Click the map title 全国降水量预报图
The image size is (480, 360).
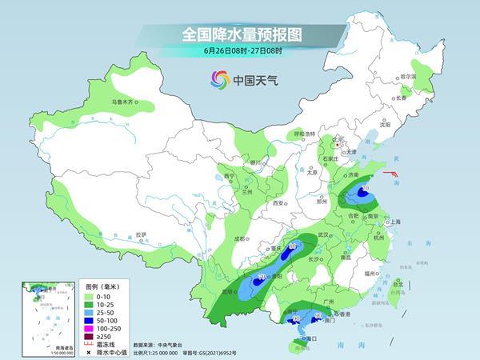239,34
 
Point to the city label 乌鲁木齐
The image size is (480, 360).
125,102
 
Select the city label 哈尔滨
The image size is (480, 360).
408,77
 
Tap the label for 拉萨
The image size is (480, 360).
142,234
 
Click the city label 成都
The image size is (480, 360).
240,238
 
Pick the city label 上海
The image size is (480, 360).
393,222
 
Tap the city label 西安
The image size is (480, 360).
278,204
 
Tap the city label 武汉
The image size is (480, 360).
323,234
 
